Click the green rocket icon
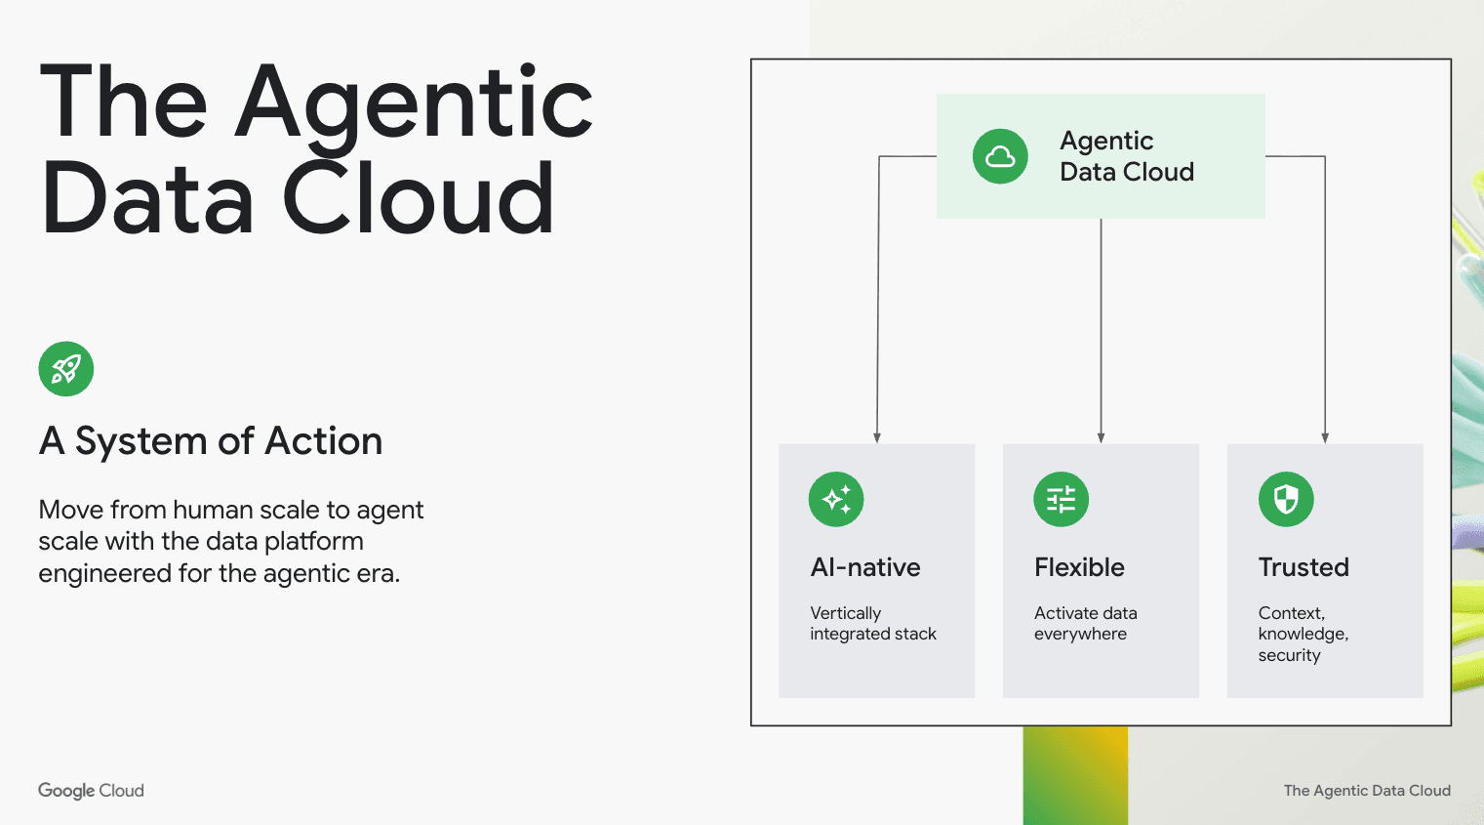click(66, 369)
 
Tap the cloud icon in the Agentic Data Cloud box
click(1000, 156)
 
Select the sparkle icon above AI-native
click(836, 500)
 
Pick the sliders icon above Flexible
click(1061, 500)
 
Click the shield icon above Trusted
click(1286, 500)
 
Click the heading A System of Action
click(210, 441)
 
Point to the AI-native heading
click(865, 567)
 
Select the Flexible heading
click(1079, 567)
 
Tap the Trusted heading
click(1304, 567)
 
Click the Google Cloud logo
click(91, 791)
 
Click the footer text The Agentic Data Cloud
click(1367, 791)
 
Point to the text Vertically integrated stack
click(872, 624)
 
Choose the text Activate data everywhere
click(1085, 624)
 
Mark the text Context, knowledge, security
click(1303, 634)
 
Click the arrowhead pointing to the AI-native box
click(877, 437)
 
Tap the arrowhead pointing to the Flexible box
click(1101, 437)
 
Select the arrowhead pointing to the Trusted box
click(1325, 437)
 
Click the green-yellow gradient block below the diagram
click(1075, 775)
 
